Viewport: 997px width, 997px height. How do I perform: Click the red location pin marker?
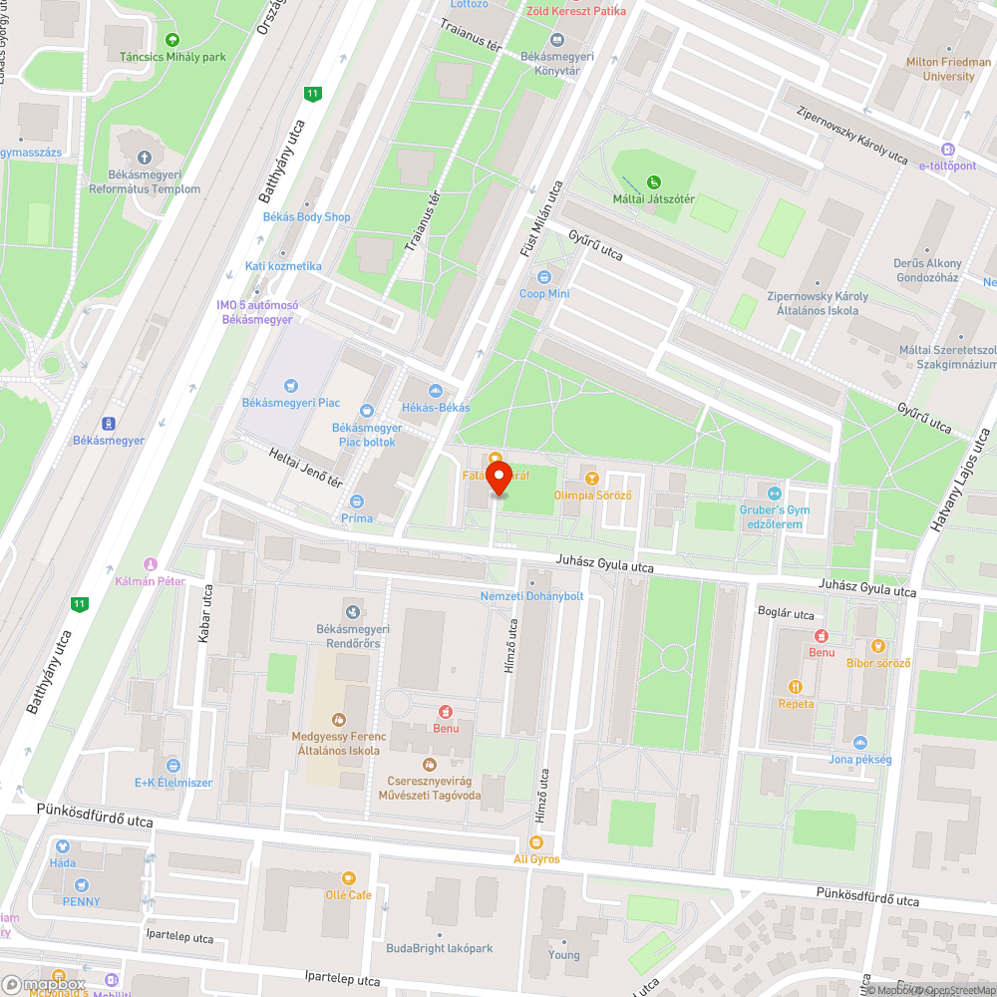pos(498,478)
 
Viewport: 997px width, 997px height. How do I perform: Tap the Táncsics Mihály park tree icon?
pos(173,40)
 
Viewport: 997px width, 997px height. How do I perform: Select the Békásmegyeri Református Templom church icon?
pos(144,158)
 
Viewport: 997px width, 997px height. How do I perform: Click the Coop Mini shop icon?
pos(544,277)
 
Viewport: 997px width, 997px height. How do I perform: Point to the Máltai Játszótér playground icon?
pos(653,181)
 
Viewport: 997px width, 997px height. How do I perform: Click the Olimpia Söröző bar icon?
pos(592,479)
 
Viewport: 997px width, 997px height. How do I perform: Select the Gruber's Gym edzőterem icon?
pos(775,493)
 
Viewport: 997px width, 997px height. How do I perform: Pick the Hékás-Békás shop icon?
pos(435,391)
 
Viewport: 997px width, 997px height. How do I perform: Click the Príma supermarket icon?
pos(357,501)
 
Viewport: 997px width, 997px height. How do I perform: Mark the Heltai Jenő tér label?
pos(306,468)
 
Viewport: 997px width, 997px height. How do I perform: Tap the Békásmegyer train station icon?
pos(108,423)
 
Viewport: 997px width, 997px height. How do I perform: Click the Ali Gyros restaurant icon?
pos(536,842)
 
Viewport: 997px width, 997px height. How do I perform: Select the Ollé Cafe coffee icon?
pos(348,877)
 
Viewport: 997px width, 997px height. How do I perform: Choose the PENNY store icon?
pos(81,884)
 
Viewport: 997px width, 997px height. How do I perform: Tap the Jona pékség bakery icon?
pos(859,743)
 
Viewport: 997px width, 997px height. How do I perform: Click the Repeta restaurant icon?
pos(796,686)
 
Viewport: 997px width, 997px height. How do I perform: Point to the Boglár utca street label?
pos(786,614)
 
